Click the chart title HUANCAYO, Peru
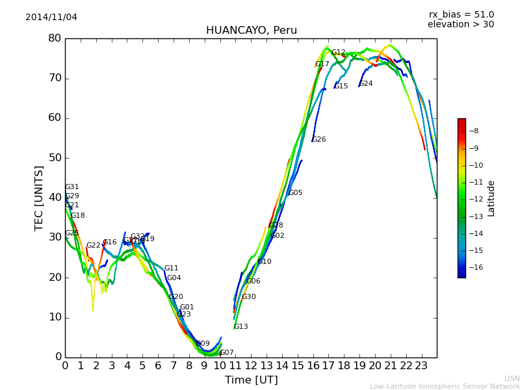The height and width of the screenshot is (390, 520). point(251,31)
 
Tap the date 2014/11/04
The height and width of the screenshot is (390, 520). point(51,17)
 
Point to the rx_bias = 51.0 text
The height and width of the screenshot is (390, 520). point(461,14)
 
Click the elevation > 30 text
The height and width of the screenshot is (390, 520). point(461,25)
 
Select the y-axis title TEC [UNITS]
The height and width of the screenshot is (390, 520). point(39,198)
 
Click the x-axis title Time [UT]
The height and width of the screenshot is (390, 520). point(251,380)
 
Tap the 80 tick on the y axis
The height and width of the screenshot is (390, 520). point(54,38)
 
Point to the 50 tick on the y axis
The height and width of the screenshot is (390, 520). point(54,158)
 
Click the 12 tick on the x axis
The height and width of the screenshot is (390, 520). point(251,366)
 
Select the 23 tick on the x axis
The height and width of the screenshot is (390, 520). point(421,366)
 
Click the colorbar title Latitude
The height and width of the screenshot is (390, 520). point(491,198)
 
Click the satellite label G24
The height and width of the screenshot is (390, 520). point(366,84)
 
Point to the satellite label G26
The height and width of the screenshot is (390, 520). point(319,140)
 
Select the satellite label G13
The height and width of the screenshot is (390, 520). point(241,327)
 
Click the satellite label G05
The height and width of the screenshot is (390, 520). point(296,193)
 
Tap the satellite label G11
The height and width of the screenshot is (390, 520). point(171,268)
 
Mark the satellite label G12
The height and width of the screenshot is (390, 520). point(339,53)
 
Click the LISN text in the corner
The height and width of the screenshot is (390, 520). point(512,378)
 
